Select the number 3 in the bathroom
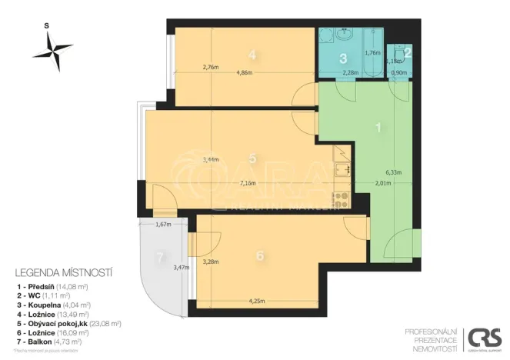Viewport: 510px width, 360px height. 343,58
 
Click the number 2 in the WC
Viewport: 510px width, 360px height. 407,52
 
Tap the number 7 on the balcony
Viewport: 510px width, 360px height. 160,258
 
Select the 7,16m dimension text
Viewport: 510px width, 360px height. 248,184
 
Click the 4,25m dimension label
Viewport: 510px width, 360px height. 258,302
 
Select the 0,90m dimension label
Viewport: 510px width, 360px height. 400,74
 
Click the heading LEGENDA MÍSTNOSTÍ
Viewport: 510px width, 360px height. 64,272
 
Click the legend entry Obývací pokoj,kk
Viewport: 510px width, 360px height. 66,322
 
